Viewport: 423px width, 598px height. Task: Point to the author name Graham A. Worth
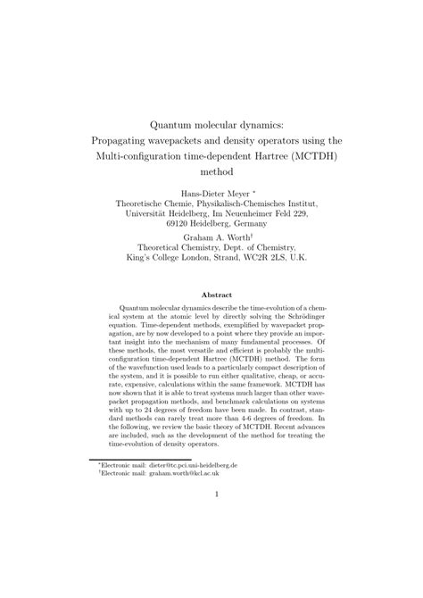(x=209, y=239)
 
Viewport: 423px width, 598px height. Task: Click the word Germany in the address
(x=254, y=223)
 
